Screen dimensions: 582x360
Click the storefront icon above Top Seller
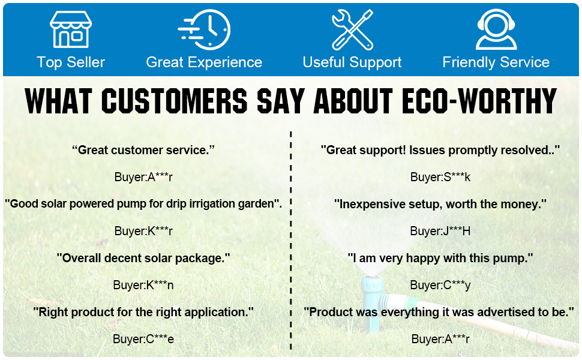[71, 29]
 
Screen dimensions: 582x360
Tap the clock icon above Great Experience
[205, 29]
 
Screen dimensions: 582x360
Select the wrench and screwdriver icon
[352, 29]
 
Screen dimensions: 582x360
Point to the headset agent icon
[496, 29]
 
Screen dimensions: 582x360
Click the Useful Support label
[352, 62]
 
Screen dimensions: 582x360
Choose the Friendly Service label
[496, 62]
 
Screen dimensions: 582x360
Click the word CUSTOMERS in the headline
[174, 101]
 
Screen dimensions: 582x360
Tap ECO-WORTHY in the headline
[479, 101]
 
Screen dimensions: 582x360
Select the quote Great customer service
[143, 150]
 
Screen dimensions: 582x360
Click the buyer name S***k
[440, 177]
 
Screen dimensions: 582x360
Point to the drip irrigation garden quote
[143, 204]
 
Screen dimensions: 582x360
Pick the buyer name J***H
[440, 231]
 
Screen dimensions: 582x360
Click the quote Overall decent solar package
[143, 258]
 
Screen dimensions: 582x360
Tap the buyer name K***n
[143, 285]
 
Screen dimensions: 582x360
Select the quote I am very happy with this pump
[440, 258]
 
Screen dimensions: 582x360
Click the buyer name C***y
[440, 285]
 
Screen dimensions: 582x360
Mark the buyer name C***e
[143, 339]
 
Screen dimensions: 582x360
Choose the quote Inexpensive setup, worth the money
[440, 204]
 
